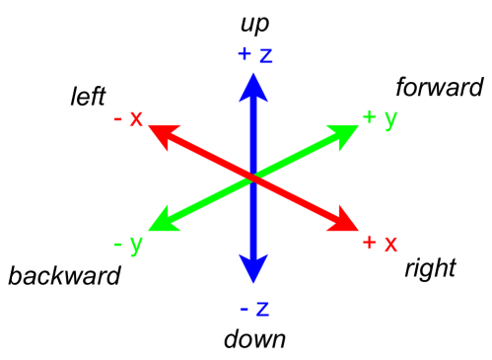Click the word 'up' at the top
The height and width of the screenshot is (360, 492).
point(254,21)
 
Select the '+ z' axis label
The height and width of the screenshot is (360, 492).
point(254,53)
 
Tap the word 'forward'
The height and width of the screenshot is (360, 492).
point(439,88)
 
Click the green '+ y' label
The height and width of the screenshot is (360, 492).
point(380,118)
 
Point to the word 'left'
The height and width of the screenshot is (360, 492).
point(87,96)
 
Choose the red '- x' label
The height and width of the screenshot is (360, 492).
point(128,118)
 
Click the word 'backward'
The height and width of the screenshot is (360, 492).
point(64,275)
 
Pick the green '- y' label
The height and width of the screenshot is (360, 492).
point(128,242)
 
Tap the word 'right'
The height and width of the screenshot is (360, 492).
point(430,267)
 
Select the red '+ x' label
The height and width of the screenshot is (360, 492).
point(380,242)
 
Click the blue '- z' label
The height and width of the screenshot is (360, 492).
point(254,307)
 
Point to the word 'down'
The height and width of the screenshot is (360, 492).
point(254,340)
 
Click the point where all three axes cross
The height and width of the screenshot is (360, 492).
point(254,178)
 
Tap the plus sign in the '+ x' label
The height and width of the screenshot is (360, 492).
point(369,243)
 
